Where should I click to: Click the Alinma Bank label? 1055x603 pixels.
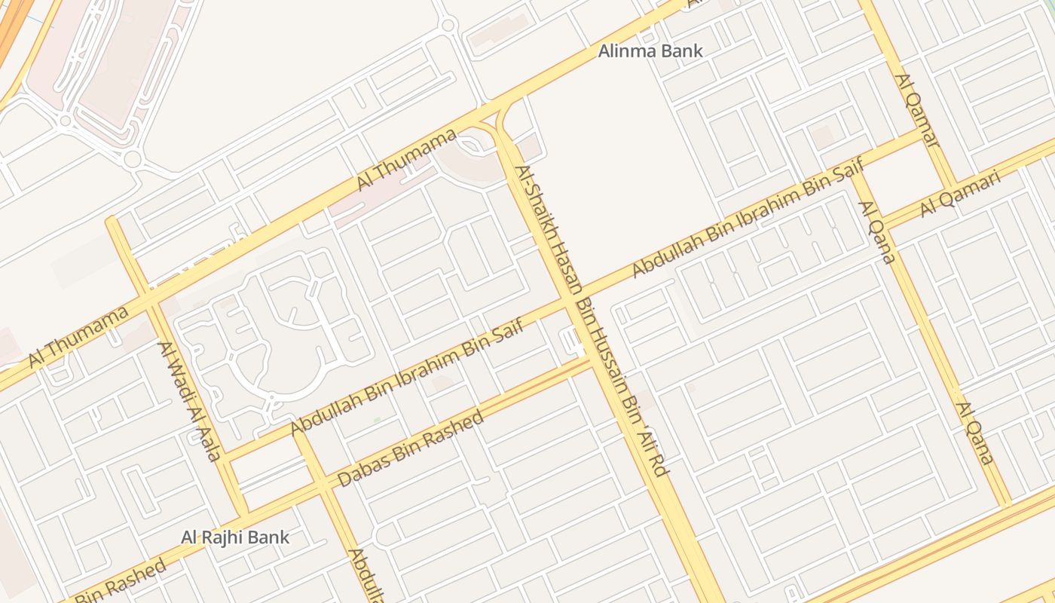(650, 51)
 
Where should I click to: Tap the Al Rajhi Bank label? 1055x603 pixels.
(234, 537)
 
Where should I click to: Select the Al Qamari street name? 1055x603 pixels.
(959, 194)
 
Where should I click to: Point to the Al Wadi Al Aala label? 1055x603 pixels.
(188, 400)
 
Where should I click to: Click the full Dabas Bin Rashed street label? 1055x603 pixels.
(411, 449)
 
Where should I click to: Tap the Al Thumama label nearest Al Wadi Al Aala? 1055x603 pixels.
(78, 337)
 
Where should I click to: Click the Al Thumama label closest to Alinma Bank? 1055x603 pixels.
(406, 159)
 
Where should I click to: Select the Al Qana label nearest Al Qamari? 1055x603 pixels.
(876, 232)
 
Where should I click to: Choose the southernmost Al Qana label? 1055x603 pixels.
(975, 433)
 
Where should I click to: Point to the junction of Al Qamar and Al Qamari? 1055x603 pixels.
(949, 186)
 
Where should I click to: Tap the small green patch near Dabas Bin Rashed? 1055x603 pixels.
(377, 419)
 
